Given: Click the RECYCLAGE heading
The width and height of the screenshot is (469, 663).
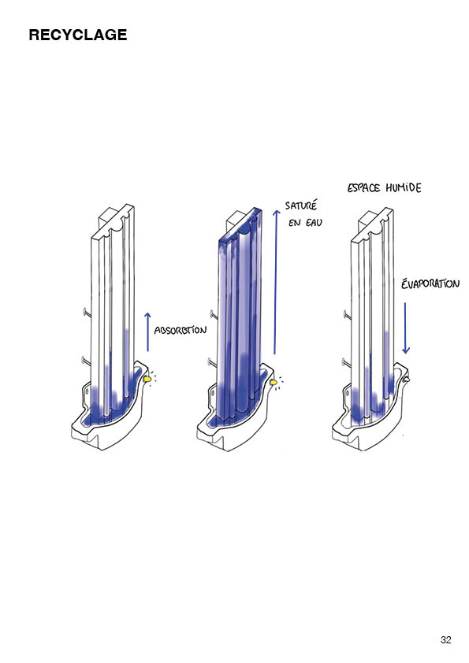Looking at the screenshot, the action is click(x=78, y=35).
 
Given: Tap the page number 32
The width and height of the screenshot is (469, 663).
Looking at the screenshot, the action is click(x=445, y=639).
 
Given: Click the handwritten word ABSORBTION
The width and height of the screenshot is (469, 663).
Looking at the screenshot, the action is click(x=181, y=330).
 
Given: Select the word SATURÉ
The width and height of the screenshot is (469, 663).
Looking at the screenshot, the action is click(x=301, y=206).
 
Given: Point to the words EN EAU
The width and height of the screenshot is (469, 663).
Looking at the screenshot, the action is click(x=305, y=222).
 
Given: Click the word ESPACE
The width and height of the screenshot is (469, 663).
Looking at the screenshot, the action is click(x=363, y=187).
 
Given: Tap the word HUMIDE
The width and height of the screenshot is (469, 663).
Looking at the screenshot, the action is click(x=404, y=187).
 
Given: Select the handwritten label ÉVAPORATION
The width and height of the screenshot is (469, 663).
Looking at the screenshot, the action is click(x=430, y=283).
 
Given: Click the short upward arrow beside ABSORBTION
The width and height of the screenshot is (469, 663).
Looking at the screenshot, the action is click(x=147, y=332).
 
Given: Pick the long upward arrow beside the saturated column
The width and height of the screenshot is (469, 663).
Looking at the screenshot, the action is click(x=276, y=282).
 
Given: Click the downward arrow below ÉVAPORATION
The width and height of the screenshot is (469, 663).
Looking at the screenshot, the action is click(x=405, y=328).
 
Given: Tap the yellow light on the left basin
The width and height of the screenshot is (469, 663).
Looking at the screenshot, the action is click(x=147, y=380).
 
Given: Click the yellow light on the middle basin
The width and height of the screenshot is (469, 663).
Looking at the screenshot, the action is click(x=274, y=382).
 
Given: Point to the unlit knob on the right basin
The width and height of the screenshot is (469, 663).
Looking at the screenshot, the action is click(x=407, y=380).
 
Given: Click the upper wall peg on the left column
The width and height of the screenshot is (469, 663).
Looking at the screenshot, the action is click(x=87, y=313).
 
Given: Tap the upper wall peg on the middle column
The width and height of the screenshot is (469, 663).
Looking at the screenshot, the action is click(x=214, y=313).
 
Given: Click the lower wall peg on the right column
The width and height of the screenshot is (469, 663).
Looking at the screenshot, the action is click(x=346, y=361).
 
